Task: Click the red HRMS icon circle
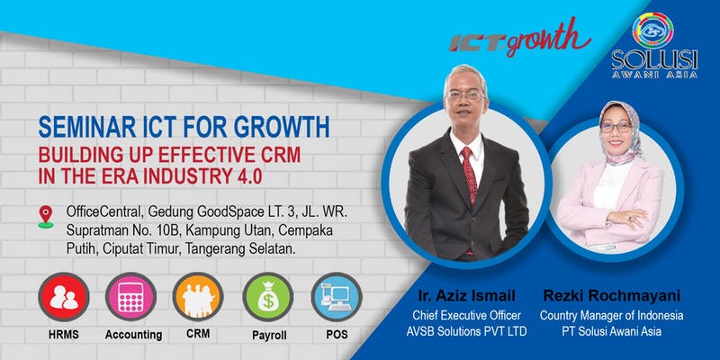(x=64, y=297)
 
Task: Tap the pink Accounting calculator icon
(x=130, y=297)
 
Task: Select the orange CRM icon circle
(x=198, y=297)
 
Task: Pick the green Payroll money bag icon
(x=267, y=297)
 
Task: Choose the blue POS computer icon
(x=337, y=297)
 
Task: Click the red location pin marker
(x=46, y=216)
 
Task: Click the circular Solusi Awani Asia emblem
(x=653, y=31)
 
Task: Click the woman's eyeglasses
(x=616, y=127)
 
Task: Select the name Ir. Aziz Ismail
(x=466, y=295)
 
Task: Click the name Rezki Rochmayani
(x=611, y=296)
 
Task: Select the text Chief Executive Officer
(x=466, y=316)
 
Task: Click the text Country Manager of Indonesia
(x=611, y=316)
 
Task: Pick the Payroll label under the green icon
(x=269, y=336)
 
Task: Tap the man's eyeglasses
(x=464, y=96)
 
